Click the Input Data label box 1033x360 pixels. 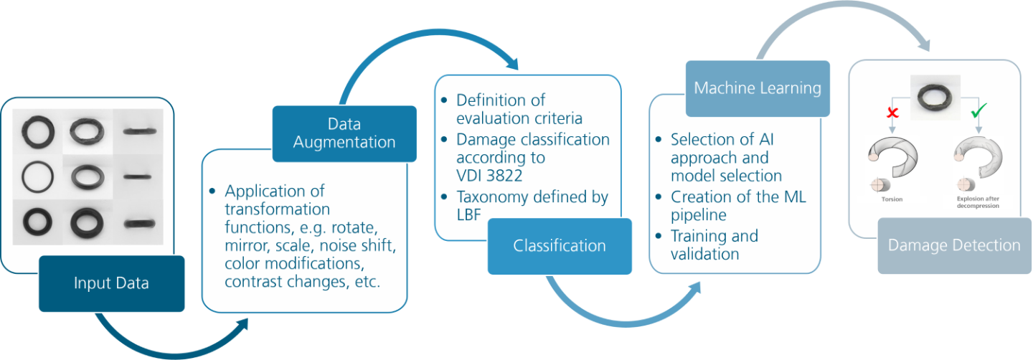[112, 283]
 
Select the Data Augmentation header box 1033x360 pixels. [344, 133]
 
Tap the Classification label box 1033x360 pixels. [560, 246]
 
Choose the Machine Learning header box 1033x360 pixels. [758, 88]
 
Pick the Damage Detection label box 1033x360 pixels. [954, 246]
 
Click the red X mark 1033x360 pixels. [893, 113]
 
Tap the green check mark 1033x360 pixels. [978, 110]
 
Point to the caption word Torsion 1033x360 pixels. [892, 199]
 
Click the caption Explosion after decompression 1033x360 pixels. [978, 202]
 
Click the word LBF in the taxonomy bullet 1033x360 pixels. [468, 215]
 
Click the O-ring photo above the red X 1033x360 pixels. [935, 98]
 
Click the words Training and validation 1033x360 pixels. [714, 245]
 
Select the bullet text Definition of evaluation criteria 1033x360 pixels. [519, 109]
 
